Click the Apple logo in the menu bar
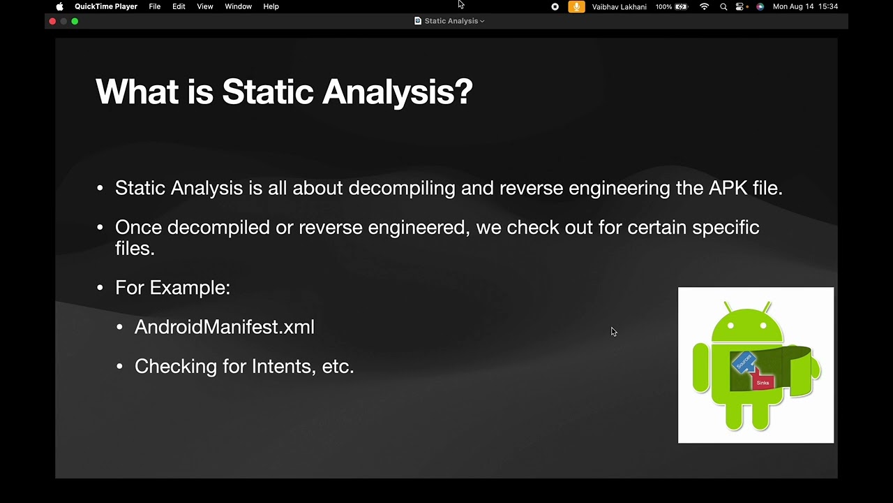60,6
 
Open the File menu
154,6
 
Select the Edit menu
179,6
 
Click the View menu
204,6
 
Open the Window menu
238,6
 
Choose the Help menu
271,6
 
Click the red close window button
52,21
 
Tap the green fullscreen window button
75,21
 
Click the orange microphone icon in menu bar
576,6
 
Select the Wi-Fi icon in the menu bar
704,6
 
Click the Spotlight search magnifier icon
723,6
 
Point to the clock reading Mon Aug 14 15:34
805,6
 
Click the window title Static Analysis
451,21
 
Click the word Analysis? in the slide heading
397,92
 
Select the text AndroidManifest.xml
224,327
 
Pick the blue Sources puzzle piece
744,362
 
